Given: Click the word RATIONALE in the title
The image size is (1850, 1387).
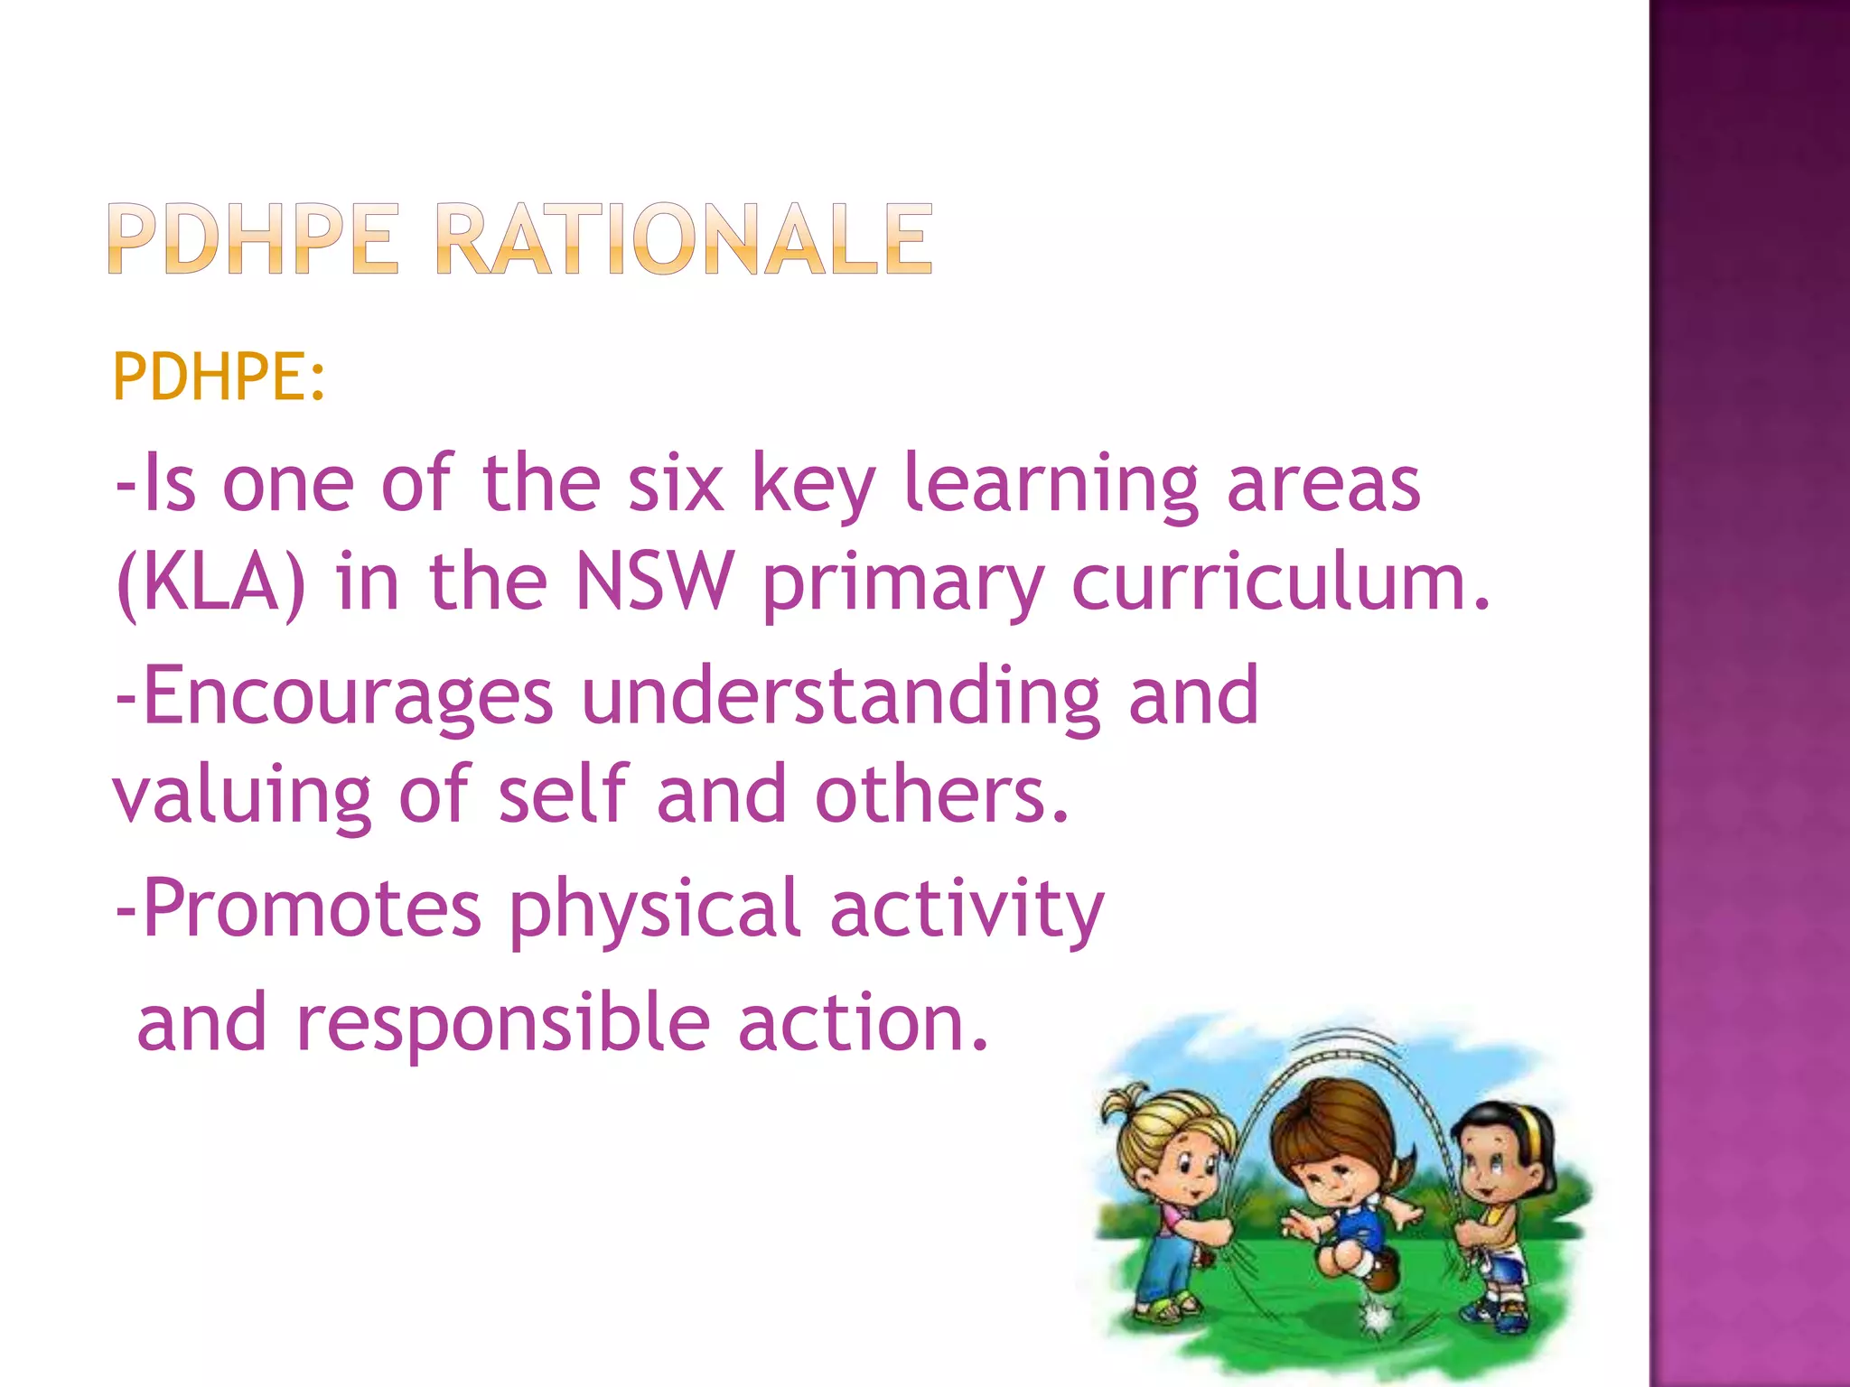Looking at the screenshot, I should [x=684, y=239].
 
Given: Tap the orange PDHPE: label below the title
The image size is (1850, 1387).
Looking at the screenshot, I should [x=218, y=377].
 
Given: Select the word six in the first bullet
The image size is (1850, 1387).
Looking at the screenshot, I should [x=675, y=485].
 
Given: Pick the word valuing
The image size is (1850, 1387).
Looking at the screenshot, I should [x=241, y=796].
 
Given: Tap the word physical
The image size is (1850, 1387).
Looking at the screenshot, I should [x=655, y=910].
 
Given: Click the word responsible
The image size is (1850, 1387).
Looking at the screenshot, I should [x=502, y=1023].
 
